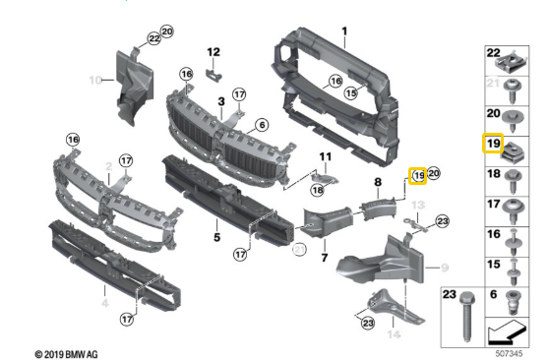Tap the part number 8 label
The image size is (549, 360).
pyautogui.click(x=378, y=182)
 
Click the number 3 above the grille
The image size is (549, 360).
pyautogui.click(x=221, y=101)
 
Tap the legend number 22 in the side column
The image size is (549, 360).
pyautogui.click(x=494, y=51)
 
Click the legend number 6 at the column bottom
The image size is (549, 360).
pyautogui.click(x=494, y=294)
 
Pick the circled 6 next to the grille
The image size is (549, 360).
pyautogui.click(x=262, y=125)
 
